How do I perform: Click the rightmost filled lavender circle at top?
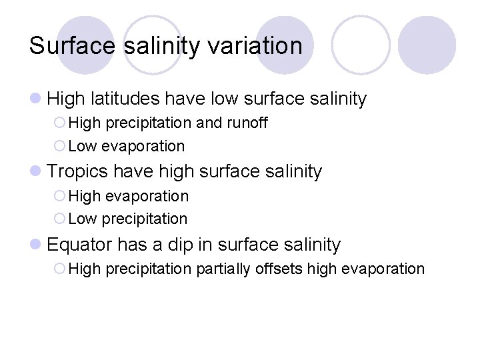click(x=427, y=44)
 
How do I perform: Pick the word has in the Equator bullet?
click(x=129, y=245)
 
